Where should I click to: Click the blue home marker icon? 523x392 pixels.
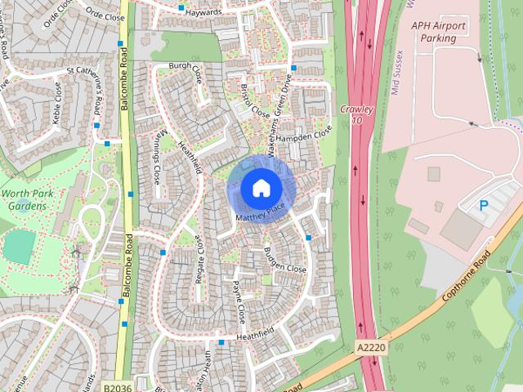(261, 188)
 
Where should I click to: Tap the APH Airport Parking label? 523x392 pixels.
(438, 32)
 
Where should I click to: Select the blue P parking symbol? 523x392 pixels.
(484, 207)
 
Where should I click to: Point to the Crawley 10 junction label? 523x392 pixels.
(356, 114)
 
